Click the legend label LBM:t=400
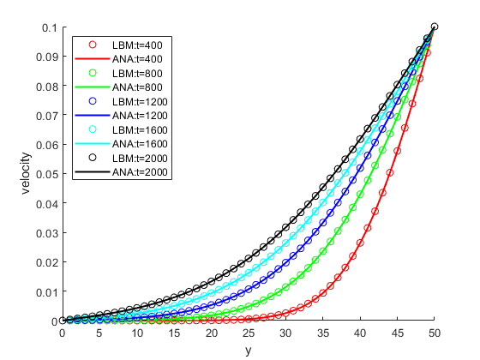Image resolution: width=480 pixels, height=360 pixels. click(137, 45)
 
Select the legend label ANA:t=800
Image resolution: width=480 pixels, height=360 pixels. click(137, 87)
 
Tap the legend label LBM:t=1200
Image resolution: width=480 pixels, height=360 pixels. click(140, 102)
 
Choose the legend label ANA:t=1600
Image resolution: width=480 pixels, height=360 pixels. click(140, 144)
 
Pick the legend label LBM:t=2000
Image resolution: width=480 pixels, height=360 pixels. click(140, 159)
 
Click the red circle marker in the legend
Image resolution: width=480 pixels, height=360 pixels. click(93, 45)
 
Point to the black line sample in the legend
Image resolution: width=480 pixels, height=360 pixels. click(93, 171)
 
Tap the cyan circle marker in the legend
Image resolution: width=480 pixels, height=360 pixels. click(93, 129)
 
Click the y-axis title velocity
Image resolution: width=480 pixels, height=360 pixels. click(27, 173)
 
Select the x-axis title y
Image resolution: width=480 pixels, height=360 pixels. click(249, 351)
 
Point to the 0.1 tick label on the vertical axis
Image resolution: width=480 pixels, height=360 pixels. click(50, 27)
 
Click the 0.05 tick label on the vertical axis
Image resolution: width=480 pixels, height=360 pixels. click(47, 174)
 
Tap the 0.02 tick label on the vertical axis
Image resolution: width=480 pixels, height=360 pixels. click(47, 262)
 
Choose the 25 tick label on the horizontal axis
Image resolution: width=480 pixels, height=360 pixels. click(249, 333)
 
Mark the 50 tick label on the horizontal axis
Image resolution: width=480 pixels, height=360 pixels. click(435, 333)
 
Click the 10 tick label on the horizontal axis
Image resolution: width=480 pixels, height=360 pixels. click(137, 333)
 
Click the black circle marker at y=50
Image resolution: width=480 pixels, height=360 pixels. click(435, 27)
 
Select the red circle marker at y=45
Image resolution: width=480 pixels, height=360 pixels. click(398, 151)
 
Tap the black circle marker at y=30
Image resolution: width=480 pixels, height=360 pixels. click(285, 227)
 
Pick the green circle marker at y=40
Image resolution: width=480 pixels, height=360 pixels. click(360, 195)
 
